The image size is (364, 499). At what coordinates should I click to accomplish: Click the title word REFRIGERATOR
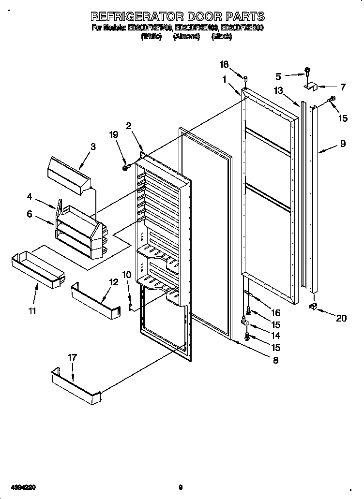point(138,16)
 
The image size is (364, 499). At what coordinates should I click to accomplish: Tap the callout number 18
point(224,65)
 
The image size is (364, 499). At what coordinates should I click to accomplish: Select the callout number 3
point(93,146)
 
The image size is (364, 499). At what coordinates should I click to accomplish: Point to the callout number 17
point(72,358)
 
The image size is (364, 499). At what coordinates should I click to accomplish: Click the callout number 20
point(341,319)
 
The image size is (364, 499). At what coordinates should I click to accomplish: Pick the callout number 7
point(342,88)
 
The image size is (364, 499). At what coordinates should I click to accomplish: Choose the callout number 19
point(114,135)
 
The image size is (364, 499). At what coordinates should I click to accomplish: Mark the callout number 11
point(32,311)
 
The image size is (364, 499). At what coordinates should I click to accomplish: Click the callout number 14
point(275,335)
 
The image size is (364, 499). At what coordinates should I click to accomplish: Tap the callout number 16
point(275,313)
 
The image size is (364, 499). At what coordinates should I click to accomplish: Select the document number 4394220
point(21,488)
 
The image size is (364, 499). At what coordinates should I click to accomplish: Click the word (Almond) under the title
point(186,36)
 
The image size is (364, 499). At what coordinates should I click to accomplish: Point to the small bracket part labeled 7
point(310,87)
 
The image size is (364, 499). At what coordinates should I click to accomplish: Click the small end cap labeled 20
point(314,307)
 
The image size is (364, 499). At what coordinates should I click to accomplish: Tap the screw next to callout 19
point(126,167)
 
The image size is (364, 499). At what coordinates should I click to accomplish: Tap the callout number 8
point(275,360)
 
